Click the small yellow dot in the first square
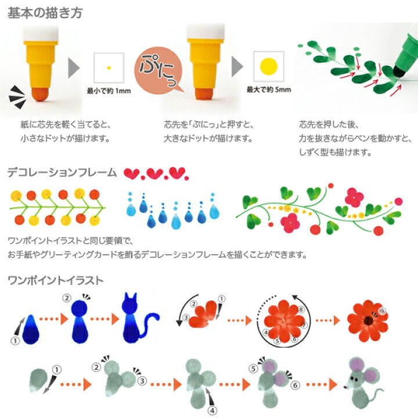click(x=108, y=68)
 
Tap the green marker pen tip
click(x=401, y=71)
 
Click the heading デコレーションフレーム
click(x=63, y=172)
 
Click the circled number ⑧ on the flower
click(x=300, y=310)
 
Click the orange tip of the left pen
click(x=39, y=92)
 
